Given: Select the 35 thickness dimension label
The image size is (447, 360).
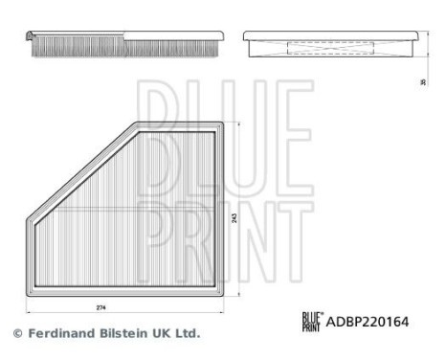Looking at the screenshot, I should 422,82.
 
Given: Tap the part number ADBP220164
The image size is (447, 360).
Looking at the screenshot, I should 369,322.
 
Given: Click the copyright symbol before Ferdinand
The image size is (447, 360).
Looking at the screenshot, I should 16,333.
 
